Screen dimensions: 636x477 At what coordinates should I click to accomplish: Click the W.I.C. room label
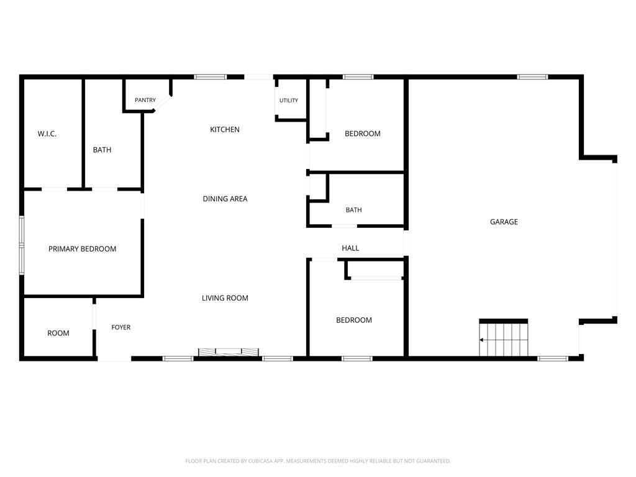coord(47,134)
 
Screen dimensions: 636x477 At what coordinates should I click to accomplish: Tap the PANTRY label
coord(145,100)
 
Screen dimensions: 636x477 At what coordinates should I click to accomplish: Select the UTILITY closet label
coord(289,101)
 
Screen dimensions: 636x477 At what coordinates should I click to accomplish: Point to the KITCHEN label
coord(225,129)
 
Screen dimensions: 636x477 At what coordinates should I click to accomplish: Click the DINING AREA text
coord(225,199)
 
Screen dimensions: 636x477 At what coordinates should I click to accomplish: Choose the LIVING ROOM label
coord(225,298)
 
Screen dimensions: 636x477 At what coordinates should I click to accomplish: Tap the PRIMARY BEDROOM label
coord(83,249)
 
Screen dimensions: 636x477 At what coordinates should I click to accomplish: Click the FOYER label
coord(121,327)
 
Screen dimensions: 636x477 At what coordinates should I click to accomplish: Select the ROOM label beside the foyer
coord(58,334)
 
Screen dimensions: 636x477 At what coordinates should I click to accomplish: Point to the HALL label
coord(350,248)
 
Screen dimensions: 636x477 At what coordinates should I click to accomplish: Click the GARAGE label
coord(504,222)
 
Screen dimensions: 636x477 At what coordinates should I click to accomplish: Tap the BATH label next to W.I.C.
coord(102,150)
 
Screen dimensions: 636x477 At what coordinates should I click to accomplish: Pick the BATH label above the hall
coord(353,210)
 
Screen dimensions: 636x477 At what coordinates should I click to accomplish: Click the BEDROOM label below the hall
coord(354,320)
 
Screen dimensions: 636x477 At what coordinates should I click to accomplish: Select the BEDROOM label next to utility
coord(363,134)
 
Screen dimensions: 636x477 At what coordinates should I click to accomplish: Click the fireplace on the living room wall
coord(229,352)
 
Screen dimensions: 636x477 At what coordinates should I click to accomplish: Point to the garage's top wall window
coord(532,76)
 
